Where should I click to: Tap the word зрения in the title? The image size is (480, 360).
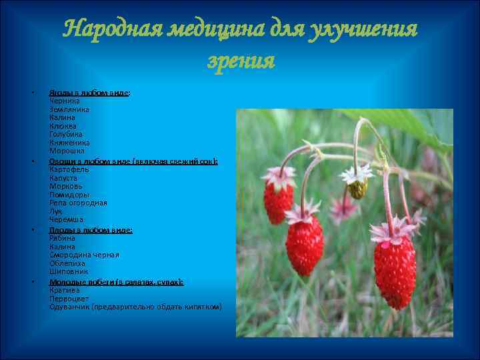(241, 61)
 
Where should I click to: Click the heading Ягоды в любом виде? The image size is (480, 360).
(89, 93)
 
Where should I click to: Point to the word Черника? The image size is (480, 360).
(65, 101)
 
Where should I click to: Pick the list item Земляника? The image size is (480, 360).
(69, 109)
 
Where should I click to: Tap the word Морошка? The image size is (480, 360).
(67, 151)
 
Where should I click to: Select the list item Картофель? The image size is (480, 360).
(69, 170)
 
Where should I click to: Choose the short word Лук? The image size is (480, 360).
(56, 211)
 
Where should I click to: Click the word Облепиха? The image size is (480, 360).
(68, 263)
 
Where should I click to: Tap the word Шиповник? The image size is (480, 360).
(69, 271)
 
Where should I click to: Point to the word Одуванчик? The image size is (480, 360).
(70, 307)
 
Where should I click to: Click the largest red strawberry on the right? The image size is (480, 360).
(394, 270)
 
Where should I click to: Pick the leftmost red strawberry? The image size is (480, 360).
(278, 201)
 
